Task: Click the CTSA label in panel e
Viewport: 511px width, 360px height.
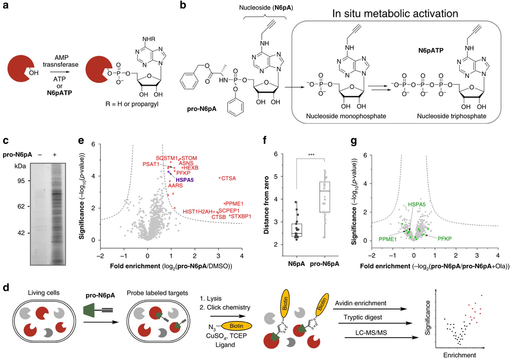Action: pos(228,179)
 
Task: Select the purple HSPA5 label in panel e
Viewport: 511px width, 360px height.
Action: pos(185,180)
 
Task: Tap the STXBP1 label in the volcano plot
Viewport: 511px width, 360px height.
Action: pos(241,216)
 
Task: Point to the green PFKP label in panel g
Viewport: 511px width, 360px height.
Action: pos(445,239)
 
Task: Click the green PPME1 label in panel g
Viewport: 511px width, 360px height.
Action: pos(387,239)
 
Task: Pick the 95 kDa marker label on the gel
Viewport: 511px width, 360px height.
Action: pos(21,181)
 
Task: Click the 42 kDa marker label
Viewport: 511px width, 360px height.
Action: pos(21,233)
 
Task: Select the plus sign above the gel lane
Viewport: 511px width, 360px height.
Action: pos(54,154)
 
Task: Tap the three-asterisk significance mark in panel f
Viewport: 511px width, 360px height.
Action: pos(311,155)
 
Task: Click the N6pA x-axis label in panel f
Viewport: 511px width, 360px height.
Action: pos(296,264)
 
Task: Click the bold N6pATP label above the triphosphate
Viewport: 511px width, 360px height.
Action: pos(430,51)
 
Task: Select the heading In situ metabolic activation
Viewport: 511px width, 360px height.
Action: pos(395,13)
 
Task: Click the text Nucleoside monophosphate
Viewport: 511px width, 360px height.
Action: pos(346,116)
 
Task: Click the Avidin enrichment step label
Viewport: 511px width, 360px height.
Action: pos(361,303)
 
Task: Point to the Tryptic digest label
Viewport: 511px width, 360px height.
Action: pos(363,317)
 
